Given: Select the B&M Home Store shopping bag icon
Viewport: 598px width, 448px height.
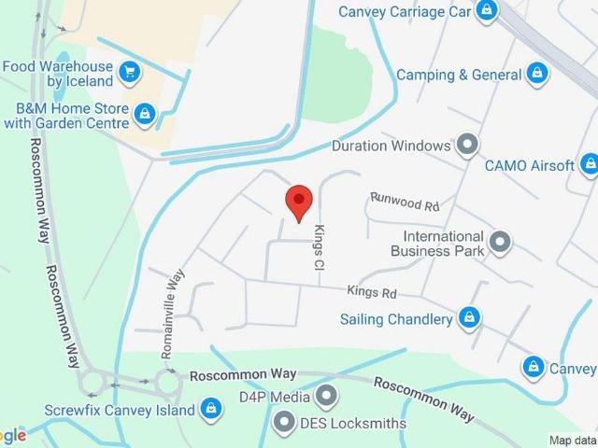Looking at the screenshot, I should click(144, 115).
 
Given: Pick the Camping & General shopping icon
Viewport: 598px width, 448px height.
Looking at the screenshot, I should click(536, 73).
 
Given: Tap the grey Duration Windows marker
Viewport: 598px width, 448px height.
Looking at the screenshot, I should click(467, 145).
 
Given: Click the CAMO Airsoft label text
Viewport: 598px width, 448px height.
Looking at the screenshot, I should click(529, 165).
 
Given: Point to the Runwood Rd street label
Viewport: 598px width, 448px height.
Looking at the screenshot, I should click(404, 200).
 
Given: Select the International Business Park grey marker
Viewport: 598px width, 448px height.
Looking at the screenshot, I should click(501, 243).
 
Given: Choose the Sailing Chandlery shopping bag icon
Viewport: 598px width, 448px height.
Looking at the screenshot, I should click(470, 319).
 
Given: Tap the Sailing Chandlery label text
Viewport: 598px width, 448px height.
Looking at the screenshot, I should click(396, 319).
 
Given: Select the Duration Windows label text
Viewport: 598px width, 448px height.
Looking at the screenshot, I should click(392, 146).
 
